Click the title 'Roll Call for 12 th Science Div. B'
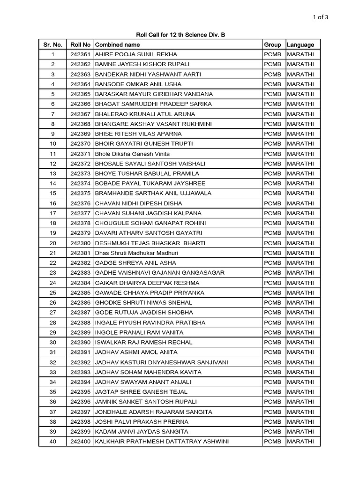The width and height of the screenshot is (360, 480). (180, 35)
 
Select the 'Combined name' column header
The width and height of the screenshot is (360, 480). (118, 45)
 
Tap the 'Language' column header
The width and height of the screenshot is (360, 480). (300, 45)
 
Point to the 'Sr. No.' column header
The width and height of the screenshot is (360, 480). (53, 45)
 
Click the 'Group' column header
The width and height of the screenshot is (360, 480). (272, 45)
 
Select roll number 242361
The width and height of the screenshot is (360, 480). (80, 54)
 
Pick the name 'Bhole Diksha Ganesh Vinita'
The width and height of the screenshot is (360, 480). (132, 154)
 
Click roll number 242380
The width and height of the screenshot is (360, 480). (80, 243)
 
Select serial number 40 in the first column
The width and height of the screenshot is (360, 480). (53, 441)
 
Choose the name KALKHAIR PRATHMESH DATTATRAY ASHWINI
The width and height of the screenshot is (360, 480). (162, 441)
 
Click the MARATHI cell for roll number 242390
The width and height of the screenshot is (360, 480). (300, 342)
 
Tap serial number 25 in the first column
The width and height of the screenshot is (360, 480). (53, 292)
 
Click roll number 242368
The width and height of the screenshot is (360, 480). (80, 124)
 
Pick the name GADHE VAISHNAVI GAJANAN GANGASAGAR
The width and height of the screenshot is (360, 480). (160, 272)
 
